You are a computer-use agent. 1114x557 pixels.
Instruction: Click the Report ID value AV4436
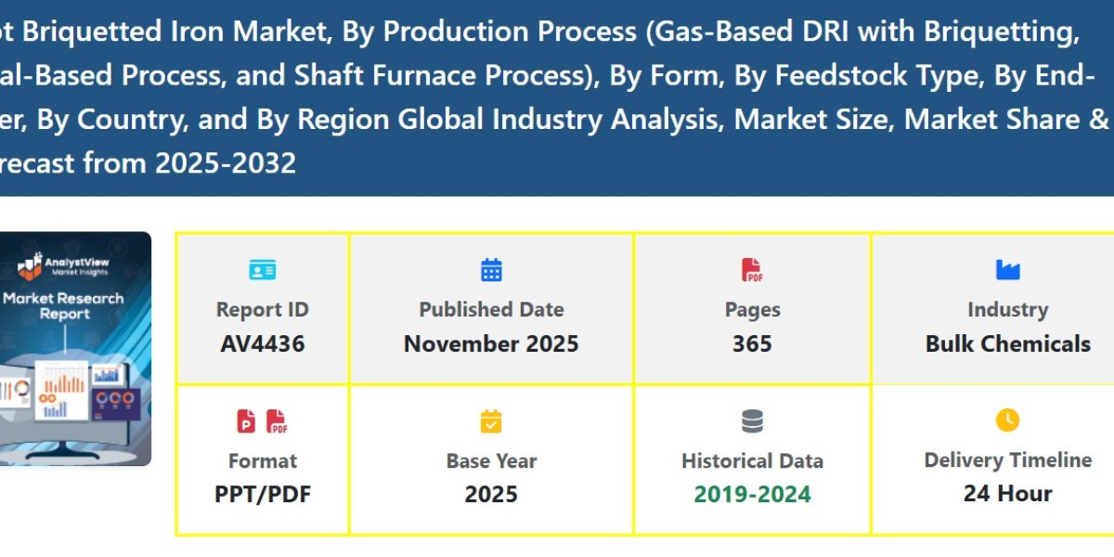[x=262, y=344]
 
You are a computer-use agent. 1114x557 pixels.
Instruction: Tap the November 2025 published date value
[x=491, y=344]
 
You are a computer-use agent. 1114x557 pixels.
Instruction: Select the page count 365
[x=752, y=344]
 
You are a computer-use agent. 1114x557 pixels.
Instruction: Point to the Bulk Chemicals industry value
[x=1007, y=344]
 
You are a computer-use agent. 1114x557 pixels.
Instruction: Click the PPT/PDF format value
[x=262, y=494]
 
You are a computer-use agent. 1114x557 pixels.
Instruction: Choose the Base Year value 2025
[x=491, y=494]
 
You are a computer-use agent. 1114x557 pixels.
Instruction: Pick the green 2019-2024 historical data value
[x=752, y=494]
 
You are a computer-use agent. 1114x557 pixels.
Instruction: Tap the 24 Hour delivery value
[x=1007, y=493]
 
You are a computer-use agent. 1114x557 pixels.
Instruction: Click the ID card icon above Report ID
[x=262, y=270]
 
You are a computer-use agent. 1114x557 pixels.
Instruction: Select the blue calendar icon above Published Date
[x=491, y=270]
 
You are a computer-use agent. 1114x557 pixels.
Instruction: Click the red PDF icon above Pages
[x=752, y=270]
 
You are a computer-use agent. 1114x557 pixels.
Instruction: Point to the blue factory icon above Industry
[x=1007, y=270]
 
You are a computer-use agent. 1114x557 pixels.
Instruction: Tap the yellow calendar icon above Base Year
[x=491, y=421]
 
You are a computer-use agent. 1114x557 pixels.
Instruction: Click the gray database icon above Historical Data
[x=752, y=421]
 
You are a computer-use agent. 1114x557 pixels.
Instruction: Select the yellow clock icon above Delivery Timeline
[x=1007, y=421]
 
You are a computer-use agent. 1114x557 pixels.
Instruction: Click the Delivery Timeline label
[x=1007, y=460]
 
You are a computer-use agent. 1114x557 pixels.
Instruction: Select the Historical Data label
[x=752, y=461]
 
